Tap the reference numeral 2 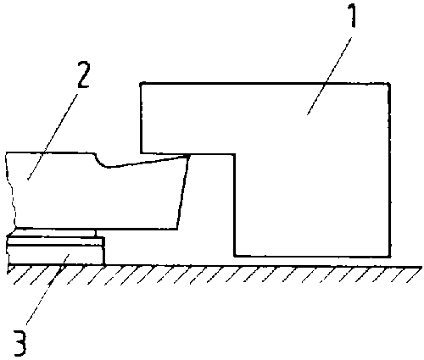pos(83,75)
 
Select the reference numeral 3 pos(20,343)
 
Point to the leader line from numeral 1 pos(329,75)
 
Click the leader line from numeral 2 pos(53,136)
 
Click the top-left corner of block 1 pos(141,83)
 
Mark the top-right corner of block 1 pos(389,84)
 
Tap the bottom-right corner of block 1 pos(390,256)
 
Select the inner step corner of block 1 pos(234,154)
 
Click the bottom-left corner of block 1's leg pos(235,256)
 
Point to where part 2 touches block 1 pos(188,155)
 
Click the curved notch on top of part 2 pos(101,161)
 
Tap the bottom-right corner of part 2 pos(177,229)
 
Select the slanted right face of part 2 pos(183,191)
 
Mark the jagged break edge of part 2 pos(11,190)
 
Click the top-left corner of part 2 pos(6,153)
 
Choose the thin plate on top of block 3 pos(55,241)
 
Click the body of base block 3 pos(56,255)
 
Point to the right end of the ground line pos(421,267)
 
